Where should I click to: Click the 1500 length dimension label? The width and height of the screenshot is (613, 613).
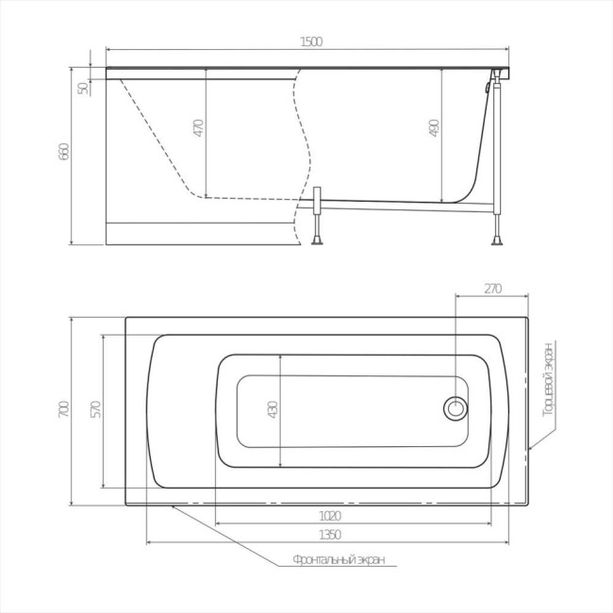(311, 41)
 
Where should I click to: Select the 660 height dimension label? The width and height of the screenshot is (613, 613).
(64, 151)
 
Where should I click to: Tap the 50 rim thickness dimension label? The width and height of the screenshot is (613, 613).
(83, 89)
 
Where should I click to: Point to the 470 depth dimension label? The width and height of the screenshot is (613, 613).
(199, 128)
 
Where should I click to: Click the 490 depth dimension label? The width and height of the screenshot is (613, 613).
(435, 128)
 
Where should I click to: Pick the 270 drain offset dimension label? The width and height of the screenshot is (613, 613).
(492, 289)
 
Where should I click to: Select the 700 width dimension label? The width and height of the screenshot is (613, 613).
(64, 409)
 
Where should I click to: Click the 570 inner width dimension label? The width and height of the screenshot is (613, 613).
(96, 409)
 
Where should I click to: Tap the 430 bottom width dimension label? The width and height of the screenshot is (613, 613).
(273, 409)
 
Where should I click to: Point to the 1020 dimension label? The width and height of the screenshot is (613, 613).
(330, 516)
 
